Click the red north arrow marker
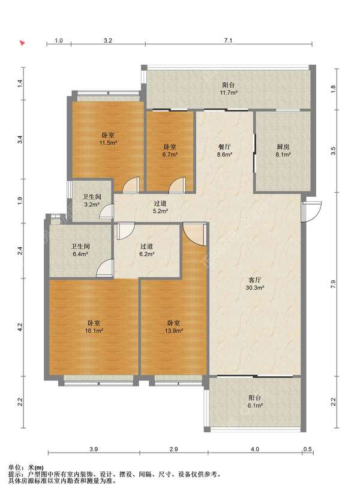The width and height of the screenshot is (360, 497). (x=23, y=43)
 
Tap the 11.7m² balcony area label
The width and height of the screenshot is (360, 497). (x=229, y=89)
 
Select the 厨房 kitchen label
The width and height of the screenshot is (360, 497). (x=283, y=146)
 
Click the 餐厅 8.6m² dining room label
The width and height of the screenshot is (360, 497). (x=224, y=151)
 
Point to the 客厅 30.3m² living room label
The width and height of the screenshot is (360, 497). (x=255, y=284)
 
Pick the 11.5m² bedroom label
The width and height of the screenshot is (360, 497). (x=109, y=139)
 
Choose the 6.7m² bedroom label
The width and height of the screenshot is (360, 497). (x=170, y=151)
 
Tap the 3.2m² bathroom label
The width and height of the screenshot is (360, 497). (x=92, y=200)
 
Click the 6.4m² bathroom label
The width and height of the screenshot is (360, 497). (x=80, y=250)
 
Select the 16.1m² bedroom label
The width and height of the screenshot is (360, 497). (x=94, y=327)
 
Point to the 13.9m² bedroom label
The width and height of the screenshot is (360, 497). (x=173, y=327)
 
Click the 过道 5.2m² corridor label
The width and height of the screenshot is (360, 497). (x=160, y=207)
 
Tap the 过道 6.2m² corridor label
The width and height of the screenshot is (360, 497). (x=146, y=250)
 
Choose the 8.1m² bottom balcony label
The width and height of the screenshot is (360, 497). (x=255, y=402)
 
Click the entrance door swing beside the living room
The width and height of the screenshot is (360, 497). (x=311, y=211)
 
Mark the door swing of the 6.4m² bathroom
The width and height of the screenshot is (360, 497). (x=105, y=268)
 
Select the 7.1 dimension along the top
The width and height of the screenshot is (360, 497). (x=228, y=40)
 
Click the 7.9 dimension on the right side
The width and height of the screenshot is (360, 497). (x=333, y=284)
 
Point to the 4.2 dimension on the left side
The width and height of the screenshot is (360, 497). (x=20, y=327)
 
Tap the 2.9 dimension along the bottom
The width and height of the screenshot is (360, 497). (x=173, y=449)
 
